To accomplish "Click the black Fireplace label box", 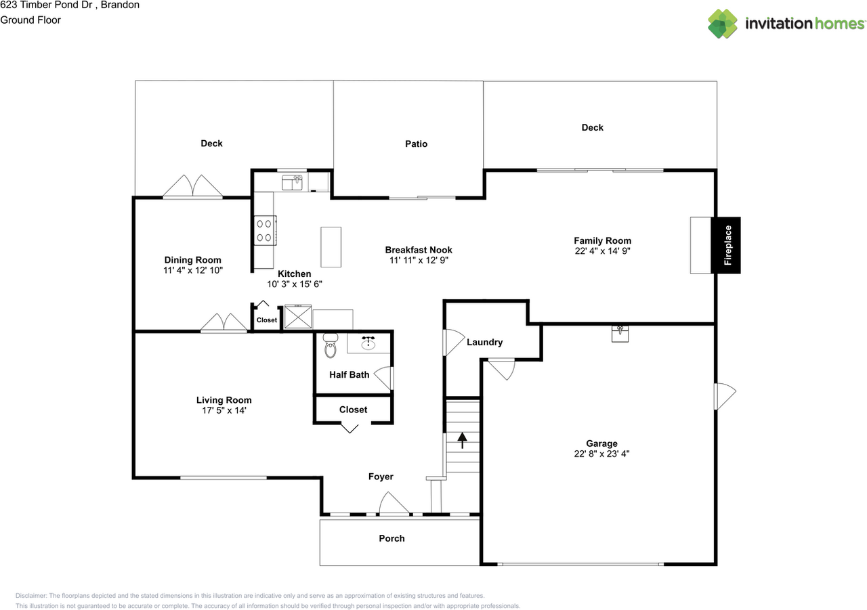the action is pos(725,245).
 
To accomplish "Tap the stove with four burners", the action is pos(265,230).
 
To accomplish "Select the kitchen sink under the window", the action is pos(292,183).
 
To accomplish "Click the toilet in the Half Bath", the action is pos(330,345).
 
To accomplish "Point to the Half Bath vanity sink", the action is pos(368,343).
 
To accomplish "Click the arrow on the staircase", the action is pos(462,440).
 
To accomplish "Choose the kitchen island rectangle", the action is pos(331,247).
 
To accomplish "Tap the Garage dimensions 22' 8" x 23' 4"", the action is pos(601,454).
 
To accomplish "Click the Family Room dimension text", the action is pos(602,251).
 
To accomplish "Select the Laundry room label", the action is pos(484,342).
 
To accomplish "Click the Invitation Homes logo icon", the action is pos(722,24).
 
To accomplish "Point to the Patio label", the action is pos(416,144).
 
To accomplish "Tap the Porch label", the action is pos(392,538).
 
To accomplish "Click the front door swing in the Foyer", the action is pos(394,503).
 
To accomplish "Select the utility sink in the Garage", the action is pos(620,334).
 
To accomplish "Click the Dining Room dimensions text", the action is pos(193,270).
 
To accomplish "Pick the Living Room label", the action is pos(224,400).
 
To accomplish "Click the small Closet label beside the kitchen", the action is pos(267,320).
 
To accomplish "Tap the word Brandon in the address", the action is pos(120,5).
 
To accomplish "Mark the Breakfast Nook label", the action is pos(419,250).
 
